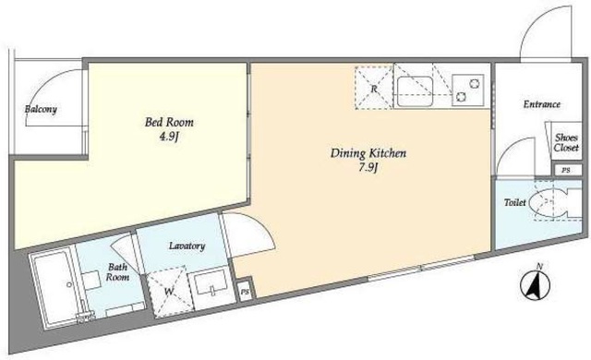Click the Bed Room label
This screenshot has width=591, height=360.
coord(169,123)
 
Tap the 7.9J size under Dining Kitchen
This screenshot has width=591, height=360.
coord(368,168)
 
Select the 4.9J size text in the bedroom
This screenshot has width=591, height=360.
coord(168,137)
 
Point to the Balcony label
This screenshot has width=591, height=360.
coord(41,110)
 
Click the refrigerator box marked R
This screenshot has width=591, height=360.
coord(374,88)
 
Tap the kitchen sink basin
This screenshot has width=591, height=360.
coord(414,90)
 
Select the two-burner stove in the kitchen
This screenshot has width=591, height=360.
coord(468,89)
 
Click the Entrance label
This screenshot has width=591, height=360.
coord(542,104)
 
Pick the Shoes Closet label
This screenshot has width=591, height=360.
coord(566,143)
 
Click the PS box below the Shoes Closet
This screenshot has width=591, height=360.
coord(566,170)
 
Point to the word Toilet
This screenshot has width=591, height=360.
coord(515,202)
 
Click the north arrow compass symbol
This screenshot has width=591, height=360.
coord(536,284)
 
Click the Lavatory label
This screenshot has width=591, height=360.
coord(187,246)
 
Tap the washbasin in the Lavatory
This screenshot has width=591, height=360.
coord(211,289)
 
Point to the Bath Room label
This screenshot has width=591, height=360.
coord(117,272)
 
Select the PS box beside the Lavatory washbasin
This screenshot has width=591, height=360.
coord(246,292)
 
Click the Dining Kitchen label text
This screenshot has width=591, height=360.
coord(368,153)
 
